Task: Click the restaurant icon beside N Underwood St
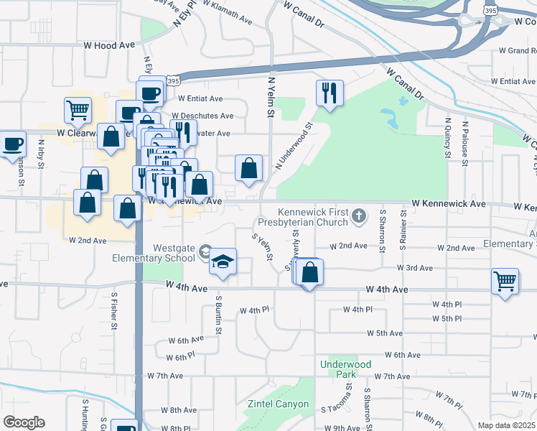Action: click(330, 93)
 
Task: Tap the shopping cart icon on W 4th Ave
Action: click(505, 282)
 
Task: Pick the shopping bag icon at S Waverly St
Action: click(310, 273)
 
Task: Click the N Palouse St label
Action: click(466, 138)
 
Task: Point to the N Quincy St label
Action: click(447, 138)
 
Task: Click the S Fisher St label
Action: click(114, 310)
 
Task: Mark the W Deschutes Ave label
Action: click(202, 116)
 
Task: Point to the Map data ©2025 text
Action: click(507, 425)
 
